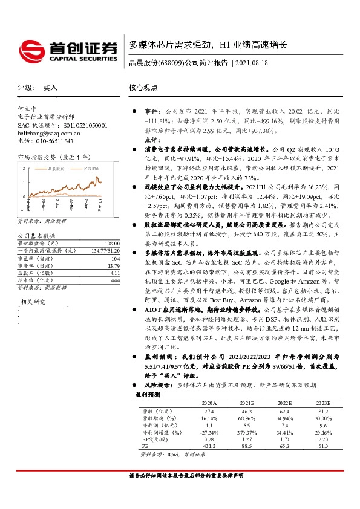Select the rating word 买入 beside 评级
(50, 88)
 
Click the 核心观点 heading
(144, 88)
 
